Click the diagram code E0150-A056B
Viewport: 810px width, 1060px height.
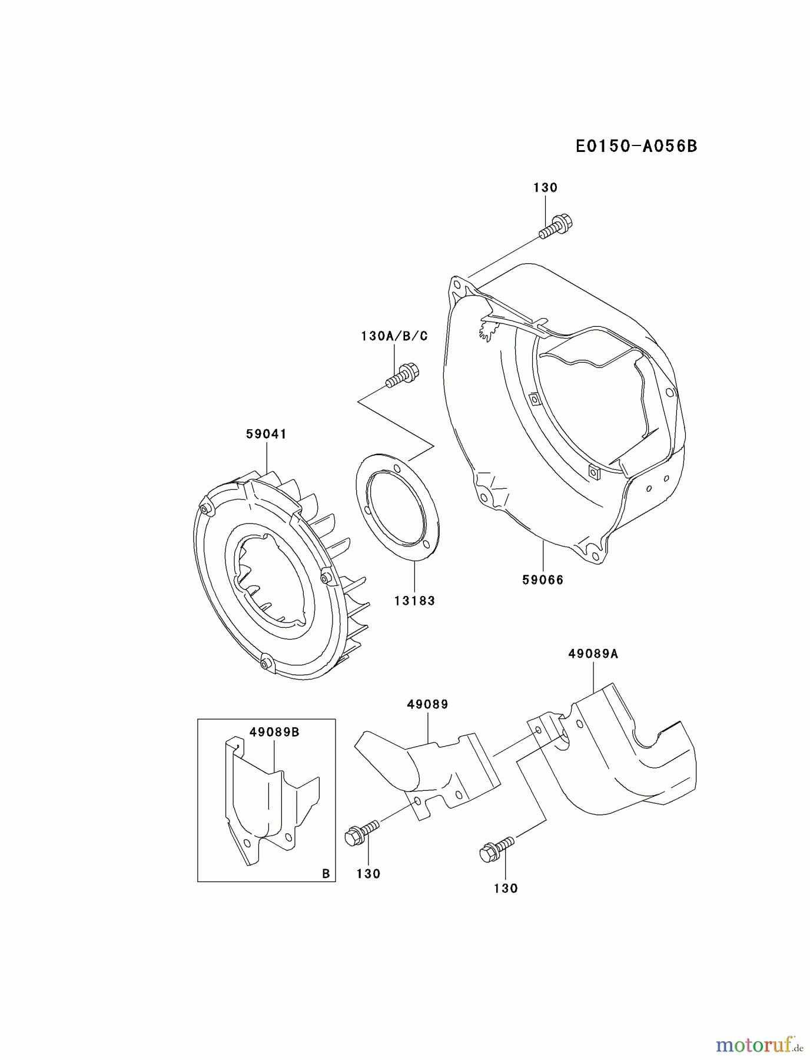[636, 146]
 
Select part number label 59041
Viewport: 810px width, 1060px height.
[266, 434]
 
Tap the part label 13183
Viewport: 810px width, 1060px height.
[414, 601]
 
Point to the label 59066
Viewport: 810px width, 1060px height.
[542, 580]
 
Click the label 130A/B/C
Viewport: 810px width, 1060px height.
[394, 336]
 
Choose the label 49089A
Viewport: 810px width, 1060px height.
[593, 653]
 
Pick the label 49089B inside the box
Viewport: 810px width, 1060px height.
[274, 732]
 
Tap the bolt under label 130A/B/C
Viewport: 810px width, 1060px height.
[402, 376]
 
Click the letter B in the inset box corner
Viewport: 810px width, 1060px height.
[326, 874]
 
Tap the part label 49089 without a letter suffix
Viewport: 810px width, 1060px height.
[427, 704]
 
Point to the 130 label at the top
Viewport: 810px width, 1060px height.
[545, 188]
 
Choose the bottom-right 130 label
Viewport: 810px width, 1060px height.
[506, 888]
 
